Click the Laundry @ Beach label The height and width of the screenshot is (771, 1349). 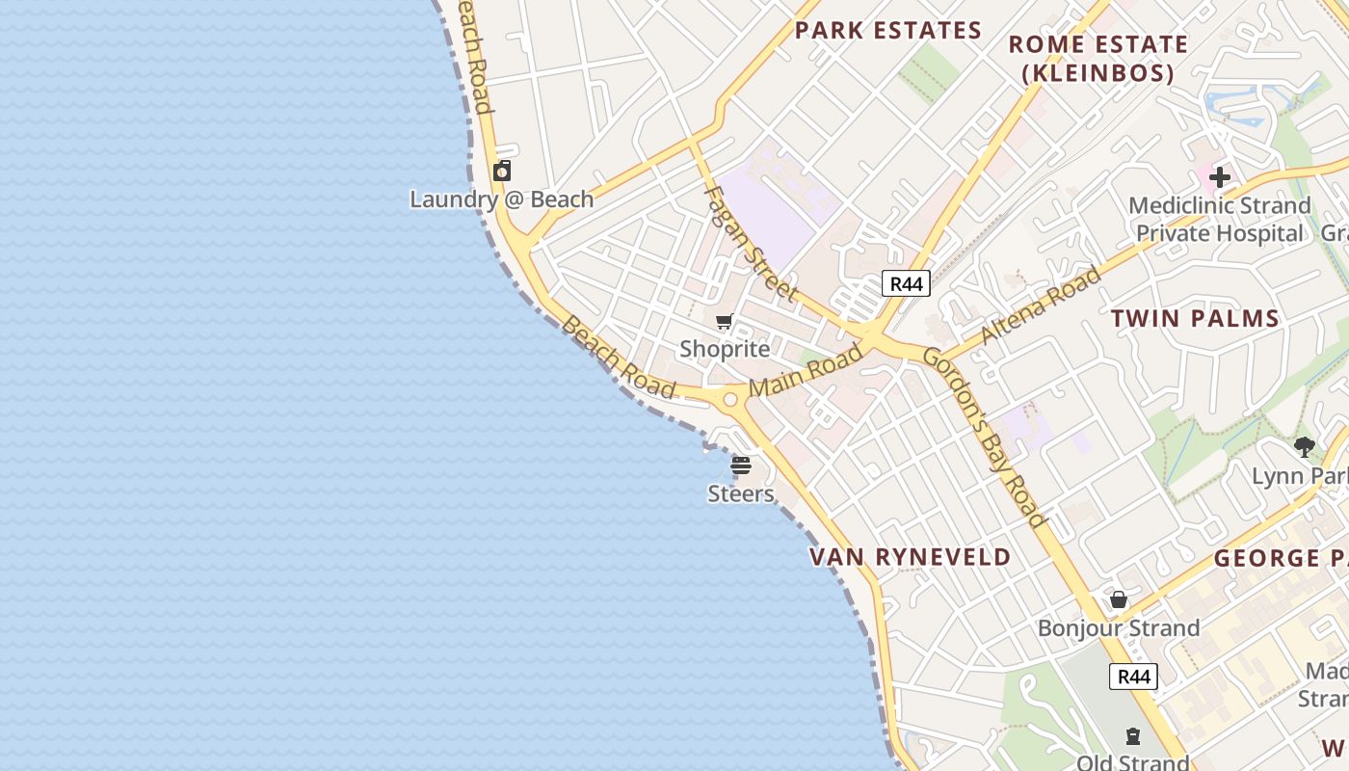[501, 199]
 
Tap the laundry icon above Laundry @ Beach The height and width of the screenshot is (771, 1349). [502, 172]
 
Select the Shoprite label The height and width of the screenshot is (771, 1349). [725, 349]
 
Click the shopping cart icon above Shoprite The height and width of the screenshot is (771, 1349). [725, 322]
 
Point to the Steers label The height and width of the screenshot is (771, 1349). [740, 494]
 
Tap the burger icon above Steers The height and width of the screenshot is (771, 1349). [741, 466]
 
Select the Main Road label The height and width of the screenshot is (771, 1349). [806, 371]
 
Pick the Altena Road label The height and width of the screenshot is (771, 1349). [1040, 306]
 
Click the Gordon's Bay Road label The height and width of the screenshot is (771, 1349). [984, 438]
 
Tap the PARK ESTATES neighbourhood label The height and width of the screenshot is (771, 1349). [887, 31]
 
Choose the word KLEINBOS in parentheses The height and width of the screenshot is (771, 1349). [1098, 73]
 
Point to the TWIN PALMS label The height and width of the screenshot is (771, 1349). [1195, 319]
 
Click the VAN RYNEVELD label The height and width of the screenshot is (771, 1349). [910, 557]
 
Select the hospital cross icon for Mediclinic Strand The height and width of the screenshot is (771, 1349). [1220, 177]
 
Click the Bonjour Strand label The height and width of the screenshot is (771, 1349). [1118, 628]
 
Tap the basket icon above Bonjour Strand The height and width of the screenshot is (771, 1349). [1119, 600]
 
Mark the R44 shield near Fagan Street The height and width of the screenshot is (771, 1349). [906, 283]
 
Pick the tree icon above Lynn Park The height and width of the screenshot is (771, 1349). [1305, 447]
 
